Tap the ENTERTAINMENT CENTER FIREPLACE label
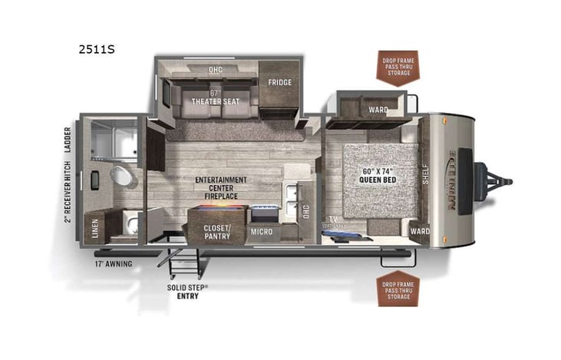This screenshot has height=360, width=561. [x=221, y=188]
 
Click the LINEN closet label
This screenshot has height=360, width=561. [x=95, y=230]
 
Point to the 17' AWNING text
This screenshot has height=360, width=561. [x=113, y=264]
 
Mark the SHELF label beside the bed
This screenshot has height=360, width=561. [x=425, y=176]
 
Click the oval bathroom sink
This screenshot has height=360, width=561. [x=121, y=176]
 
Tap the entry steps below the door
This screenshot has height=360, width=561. [x=183, y=264]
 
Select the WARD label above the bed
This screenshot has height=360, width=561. [x=378, y=110]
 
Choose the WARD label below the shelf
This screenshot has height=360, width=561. [x=419, y=230]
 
